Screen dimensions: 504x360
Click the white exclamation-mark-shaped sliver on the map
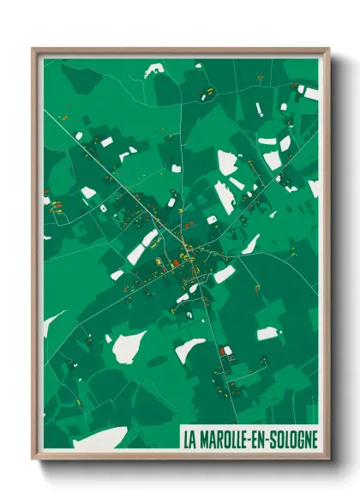point(259,110)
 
